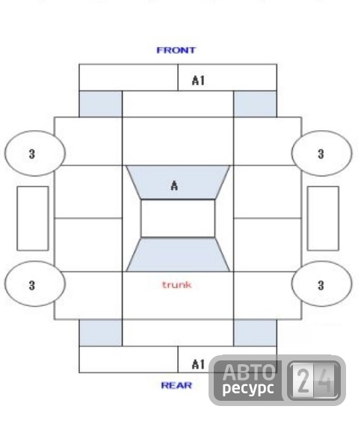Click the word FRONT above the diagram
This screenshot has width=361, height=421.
click(x=176, y=50)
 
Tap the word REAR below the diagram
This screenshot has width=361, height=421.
click(x=176, y=385)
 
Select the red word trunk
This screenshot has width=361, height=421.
click(x=177, y=285)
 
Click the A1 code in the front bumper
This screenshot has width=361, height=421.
click(x=198, y=81)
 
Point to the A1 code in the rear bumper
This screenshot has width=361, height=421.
click(x=198, y=364)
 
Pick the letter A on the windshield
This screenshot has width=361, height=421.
click(x=174, y=185)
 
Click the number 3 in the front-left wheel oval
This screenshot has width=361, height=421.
click(x=32, y=154)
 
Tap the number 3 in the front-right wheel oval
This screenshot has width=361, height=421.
click(x=321, y=154)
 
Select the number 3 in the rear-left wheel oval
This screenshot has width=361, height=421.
click(x=32, y=285)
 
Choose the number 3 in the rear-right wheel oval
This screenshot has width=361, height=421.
click(x=321, y=285)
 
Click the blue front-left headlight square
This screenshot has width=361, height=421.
click(x=101, y=104)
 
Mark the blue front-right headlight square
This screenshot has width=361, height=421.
click(x=255, y=104)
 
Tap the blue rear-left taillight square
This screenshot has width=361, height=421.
click(x=101, y=333)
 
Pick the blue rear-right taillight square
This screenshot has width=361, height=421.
click(x=255, y=333)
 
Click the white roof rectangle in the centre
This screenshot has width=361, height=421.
click(x=178, y=218)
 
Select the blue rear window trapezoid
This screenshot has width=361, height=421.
click(x=178, y=254)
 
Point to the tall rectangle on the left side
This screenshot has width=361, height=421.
click(x=33, y=218)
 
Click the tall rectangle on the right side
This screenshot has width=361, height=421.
click(x=323, y=218)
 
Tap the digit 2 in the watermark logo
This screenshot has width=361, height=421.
click(x=303, y=380)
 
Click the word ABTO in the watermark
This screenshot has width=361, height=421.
click(x=249, y=372)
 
